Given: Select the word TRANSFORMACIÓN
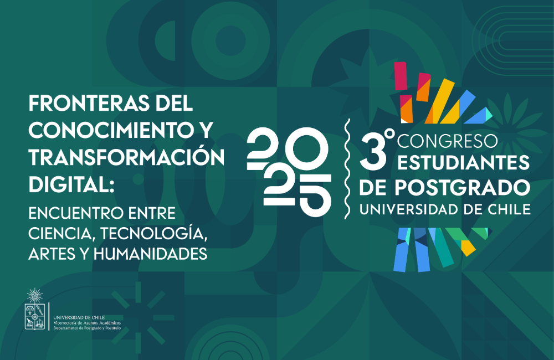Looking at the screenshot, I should pyautogui.click(x=126, y=157).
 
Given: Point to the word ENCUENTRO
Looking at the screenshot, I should pyautogui.click(x=78, y=213).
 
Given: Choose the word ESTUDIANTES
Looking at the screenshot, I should pyautogui.click(x=463, y=164).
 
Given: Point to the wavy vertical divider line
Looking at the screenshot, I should pyautogui.click(x=347, y=166).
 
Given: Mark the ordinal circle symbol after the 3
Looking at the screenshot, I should pyautogui.click(x=389, y=135).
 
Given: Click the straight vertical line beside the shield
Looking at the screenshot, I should pyautogui.click(x=49, y=316).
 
